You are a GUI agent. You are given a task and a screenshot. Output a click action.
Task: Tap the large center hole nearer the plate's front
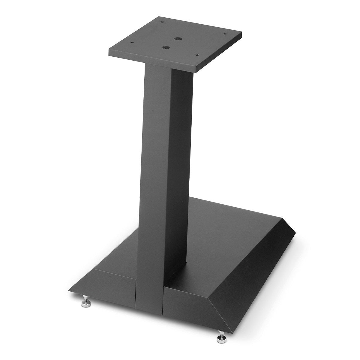(x=165, y=47)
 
